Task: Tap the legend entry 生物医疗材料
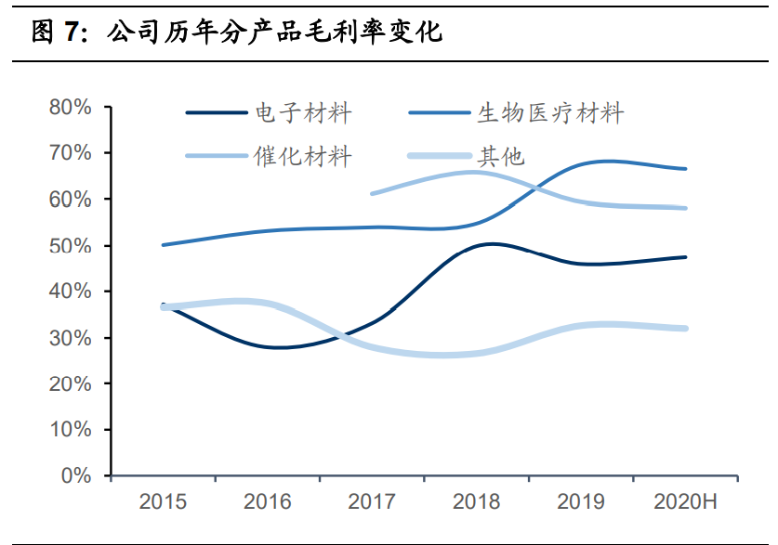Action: (550, 113)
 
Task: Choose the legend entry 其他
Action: (501, 156)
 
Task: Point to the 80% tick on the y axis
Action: (71, 108)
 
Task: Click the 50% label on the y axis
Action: (71, 246)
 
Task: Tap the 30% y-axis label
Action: (71, 338)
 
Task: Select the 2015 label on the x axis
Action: (163, 502)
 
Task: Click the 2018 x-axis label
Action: (477, 502)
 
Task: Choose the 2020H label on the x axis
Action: (686, 502)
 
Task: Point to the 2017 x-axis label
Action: (372, 502)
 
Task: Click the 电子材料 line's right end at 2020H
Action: (686, 257)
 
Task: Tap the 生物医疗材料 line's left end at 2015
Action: (164, 245)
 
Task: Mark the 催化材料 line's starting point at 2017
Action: (372, 193)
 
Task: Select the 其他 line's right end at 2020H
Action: (686, 328)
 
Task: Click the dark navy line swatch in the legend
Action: (218, 113)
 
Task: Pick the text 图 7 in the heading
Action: (56, 33)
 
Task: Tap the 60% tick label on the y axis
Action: (71, 200)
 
